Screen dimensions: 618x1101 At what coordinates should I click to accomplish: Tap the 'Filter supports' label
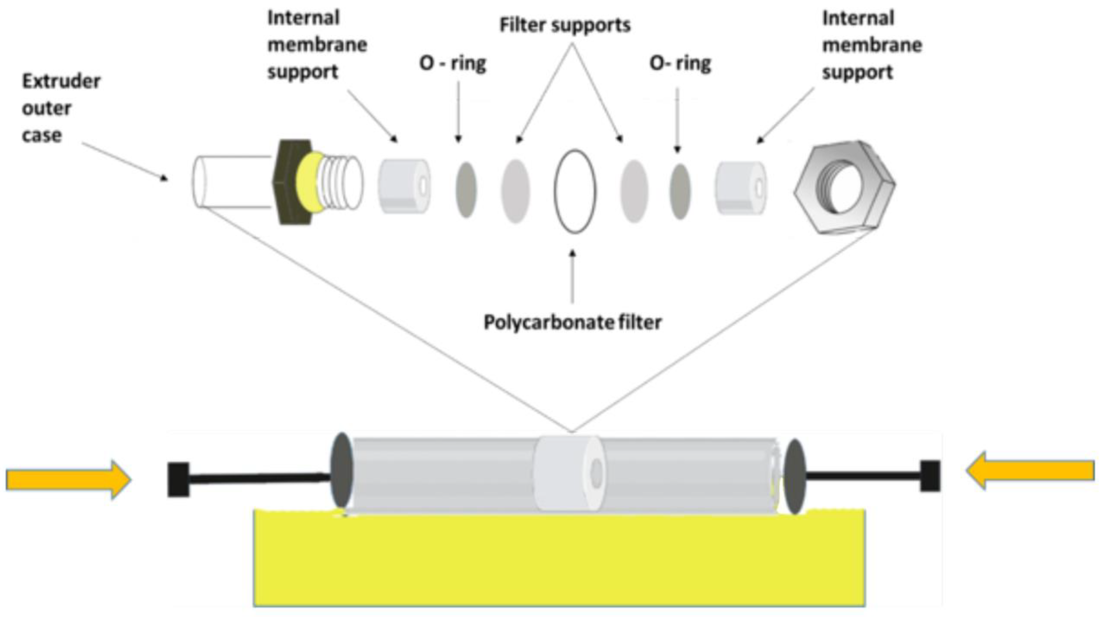[564, 25]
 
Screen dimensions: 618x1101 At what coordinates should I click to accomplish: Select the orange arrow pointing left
[1031, 470]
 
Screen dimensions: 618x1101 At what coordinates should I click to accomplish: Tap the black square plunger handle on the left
[178, 479]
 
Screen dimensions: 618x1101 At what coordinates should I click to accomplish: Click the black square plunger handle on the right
[930, 475]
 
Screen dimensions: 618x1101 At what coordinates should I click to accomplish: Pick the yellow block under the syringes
[559, 560]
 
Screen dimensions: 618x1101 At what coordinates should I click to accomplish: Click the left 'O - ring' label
[452, 63]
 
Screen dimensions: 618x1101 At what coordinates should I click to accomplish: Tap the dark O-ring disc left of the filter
[466, 189]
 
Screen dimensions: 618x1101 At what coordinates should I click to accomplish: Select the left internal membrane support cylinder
[403, 186]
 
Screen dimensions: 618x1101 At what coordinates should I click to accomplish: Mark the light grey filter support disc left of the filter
[515, 191]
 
